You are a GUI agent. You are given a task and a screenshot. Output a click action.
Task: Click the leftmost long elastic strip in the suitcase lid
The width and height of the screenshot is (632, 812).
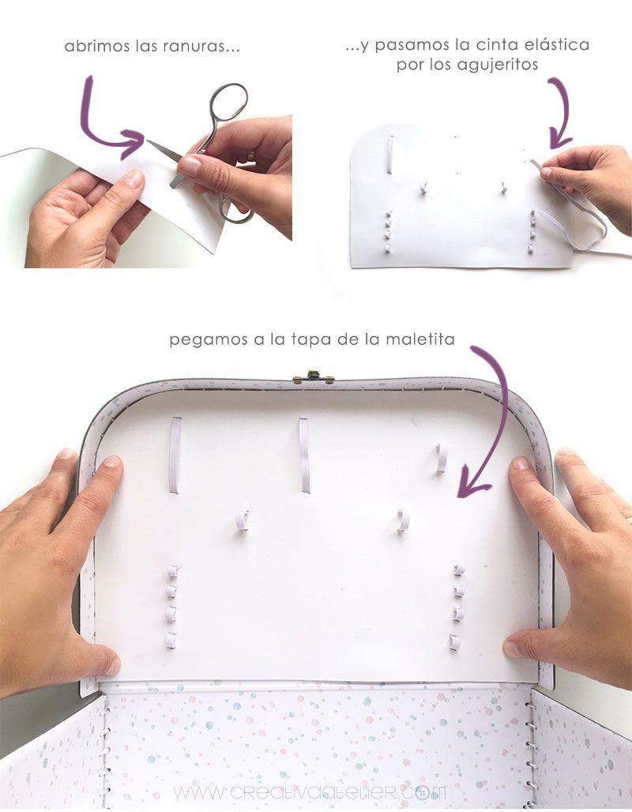[x=175, y=455]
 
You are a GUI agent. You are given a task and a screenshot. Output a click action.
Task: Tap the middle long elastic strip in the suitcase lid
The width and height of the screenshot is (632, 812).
[x=304, y=455]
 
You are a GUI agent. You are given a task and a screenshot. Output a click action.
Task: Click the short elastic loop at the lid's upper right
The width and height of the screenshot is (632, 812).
[x=441, y=457]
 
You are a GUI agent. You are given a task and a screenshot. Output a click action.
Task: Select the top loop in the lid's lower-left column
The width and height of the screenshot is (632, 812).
[x=172, y=571]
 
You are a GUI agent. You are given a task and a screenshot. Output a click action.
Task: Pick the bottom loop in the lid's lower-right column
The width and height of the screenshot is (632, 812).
[x=456, y=642]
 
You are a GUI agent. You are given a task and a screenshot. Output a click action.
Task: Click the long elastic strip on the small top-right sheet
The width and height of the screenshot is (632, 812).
[x=389, y=153]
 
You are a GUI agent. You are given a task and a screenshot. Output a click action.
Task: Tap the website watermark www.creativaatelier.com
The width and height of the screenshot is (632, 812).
[x=310, y=791]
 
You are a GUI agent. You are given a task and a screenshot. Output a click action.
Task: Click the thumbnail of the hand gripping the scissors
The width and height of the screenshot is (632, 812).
[x=191, y=167]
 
